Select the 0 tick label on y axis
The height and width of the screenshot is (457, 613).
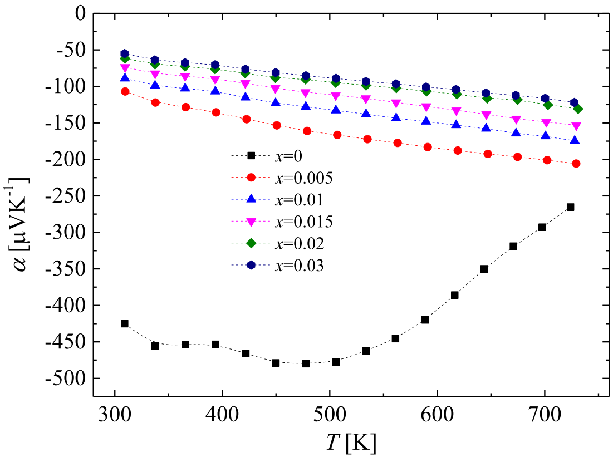tap(79, 13)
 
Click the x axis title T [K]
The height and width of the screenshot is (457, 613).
tap(351, 443)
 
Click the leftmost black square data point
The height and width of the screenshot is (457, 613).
tap(125, 323)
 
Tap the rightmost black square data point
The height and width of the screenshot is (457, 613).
tap(570, 207)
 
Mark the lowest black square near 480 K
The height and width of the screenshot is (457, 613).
tap(306, 363)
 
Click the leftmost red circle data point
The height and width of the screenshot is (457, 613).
tap(125, 91)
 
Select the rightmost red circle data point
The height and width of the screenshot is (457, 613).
tap(576, 164)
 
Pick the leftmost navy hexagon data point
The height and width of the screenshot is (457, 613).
tap(125, 53)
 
